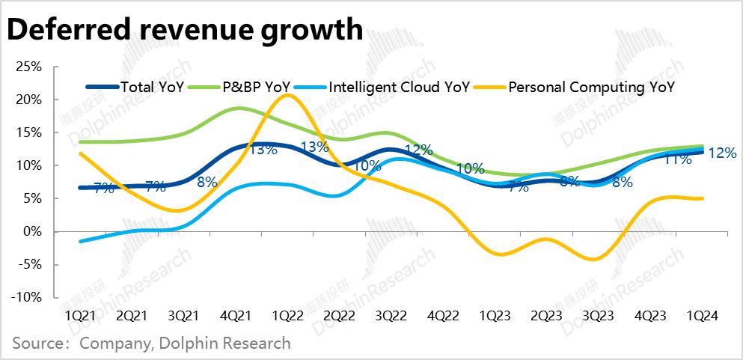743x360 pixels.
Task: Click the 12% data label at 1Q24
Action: pos(722,153)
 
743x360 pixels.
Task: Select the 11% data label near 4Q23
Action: pos(677,159)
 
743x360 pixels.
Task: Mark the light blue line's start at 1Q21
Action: pos(79,241)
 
